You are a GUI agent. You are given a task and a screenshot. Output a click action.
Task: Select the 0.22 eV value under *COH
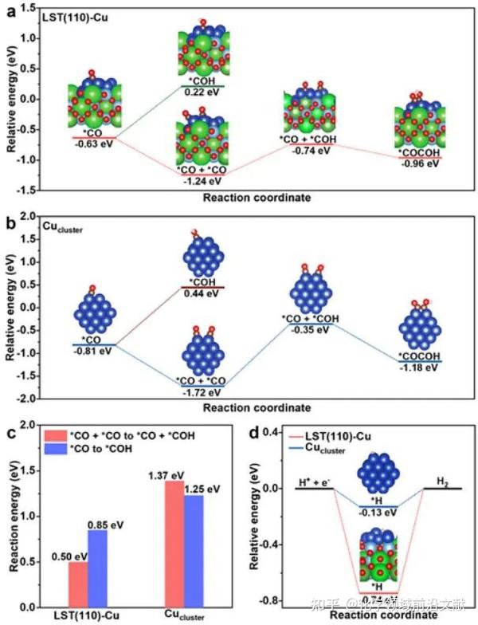[202, 92]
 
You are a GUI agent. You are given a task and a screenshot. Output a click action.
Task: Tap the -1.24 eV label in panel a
[202, 180]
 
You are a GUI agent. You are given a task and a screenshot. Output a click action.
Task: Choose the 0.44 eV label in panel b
[202, 294]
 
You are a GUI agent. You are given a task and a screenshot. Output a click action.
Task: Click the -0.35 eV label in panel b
[310, 328]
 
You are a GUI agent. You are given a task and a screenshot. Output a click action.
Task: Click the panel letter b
[10, 222]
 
